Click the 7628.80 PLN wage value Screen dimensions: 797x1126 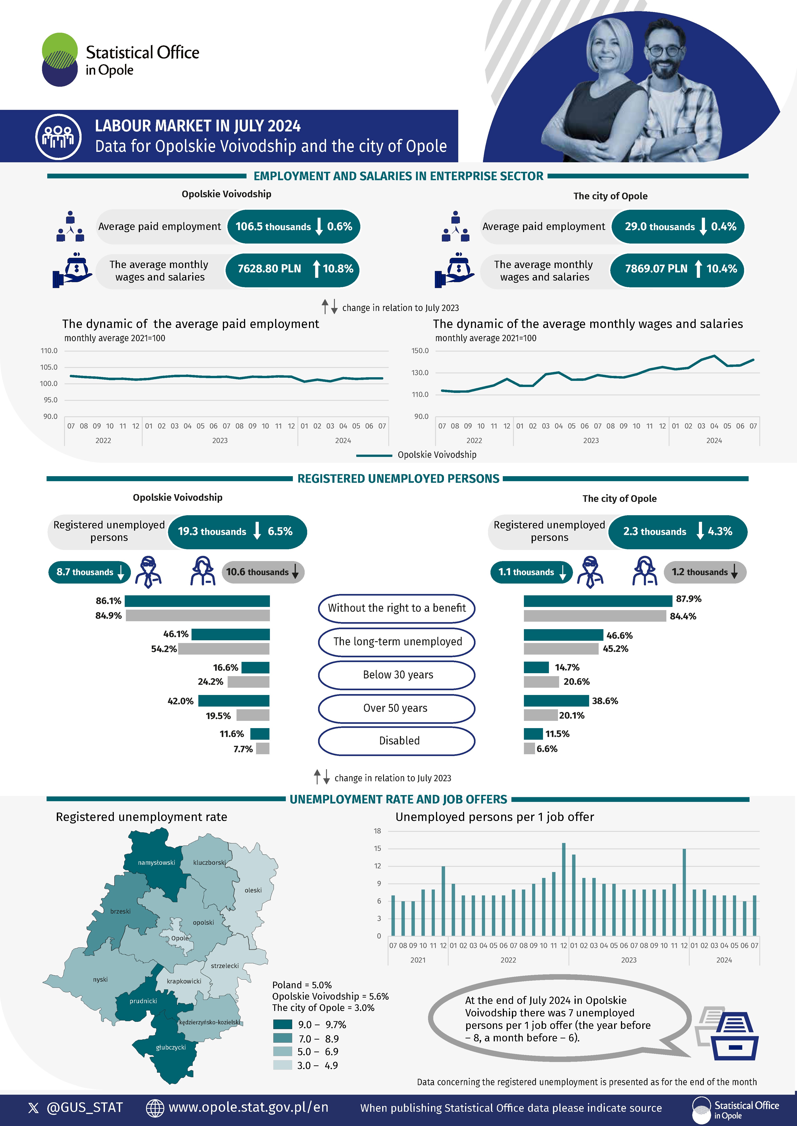point(269,269)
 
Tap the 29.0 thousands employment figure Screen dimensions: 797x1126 point(660,227)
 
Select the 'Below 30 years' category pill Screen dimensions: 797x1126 point(396,675)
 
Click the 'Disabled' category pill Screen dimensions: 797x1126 point(396,741)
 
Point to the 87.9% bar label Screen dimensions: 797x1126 point(689,599)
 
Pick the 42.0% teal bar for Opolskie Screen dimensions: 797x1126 point(234,700)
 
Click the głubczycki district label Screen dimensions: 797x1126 point(171,1047)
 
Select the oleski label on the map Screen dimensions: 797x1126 point(253,890)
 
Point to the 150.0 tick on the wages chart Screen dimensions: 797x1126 point(420,351)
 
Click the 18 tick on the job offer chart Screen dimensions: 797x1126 point(377,831)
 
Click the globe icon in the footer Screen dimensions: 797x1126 point(155,1107)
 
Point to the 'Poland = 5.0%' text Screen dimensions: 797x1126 point(302,985)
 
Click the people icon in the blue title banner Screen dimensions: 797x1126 point(58,136)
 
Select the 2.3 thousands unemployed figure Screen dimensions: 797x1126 point(655,532)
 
